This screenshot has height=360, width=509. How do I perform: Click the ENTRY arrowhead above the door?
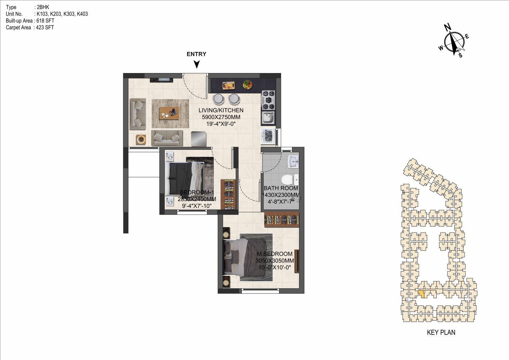[197, 64]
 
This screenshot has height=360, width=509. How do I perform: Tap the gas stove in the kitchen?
[268, 100]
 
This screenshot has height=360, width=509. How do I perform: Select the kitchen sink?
[268, 118]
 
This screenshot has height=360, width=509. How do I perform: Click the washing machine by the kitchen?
[268, 137]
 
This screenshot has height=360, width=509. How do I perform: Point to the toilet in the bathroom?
[290, 180]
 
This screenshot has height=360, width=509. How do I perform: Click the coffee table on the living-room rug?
[169, 113]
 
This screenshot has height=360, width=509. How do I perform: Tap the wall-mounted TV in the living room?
[161, 80]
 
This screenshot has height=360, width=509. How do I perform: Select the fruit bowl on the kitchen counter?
[248, 85]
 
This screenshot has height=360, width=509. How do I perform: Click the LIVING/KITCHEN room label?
[221, 110]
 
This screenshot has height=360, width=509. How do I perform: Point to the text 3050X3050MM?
[275, 261]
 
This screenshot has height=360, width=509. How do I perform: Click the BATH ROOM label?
[281, 188]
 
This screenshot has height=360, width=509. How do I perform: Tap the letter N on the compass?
[448, 27]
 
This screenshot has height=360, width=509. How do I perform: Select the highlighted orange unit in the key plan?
[421, 294]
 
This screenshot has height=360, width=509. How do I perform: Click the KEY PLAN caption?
[441, 332]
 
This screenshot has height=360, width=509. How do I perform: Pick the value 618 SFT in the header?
[46, 21]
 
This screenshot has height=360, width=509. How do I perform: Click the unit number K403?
[82, 14]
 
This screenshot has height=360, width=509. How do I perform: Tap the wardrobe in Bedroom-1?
[229, 194]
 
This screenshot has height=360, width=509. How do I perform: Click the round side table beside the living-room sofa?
[141, 140]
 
